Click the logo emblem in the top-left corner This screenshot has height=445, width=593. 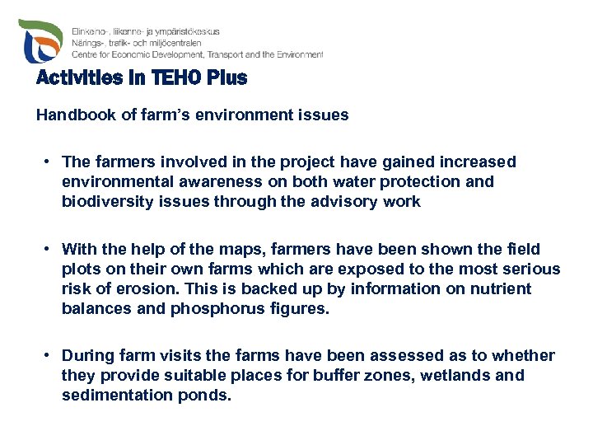click(40, 41)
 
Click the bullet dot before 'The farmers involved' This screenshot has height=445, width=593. click(50, 162)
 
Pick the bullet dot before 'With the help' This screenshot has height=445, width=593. click(50, 249)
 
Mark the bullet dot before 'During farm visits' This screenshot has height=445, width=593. click(50, 356)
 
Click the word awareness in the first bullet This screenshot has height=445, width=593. click(215, 181)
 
